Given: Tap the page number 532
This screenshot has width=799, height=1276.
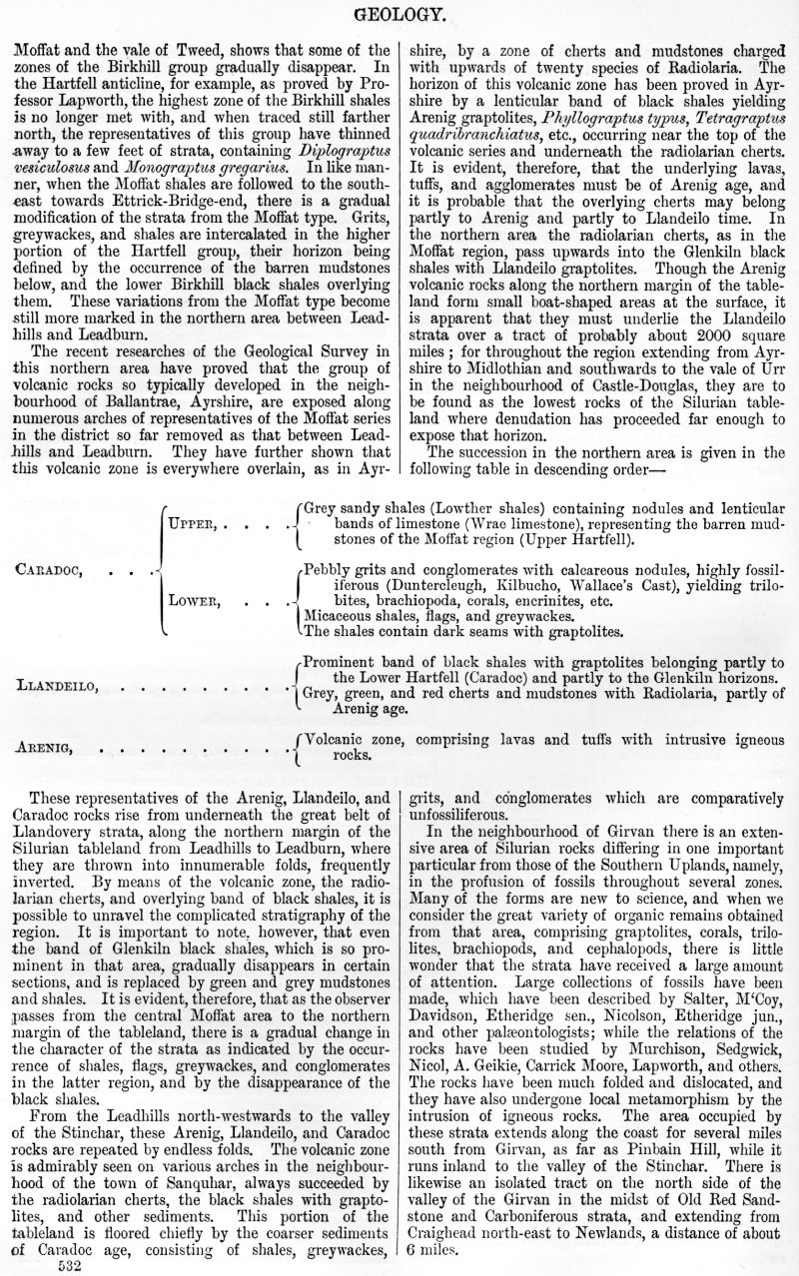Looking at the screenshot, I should coord(69,1264).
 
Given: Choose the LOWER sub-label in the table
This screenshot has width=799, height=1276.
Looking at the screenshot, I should coord(196,602).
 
